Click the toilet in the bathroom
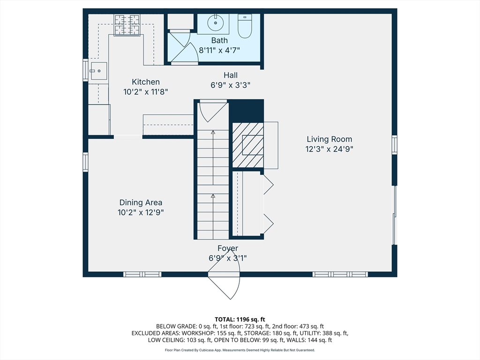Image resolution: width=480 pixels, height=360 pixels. click(245, 26)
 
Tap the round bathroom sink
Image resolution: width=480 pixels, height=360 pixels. click(216, 22)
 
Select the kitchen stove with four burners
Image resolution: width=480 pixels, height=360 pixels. click(127, 25)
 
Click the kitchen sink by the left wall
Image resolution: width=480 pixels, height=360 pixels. click(98, 71)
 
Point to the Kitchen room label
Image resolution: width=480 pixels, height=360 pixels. click(146, 82)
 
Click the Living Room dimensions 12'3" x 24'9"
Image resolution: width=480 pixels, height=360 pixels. click(330, 149)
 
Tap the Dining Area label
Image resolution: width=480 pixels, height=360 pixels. click(141, 202)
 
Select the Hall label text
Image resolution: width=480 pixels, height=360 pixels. click(231, 75)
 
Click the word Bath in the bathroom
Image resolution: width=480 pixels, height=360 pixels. click(219, 40)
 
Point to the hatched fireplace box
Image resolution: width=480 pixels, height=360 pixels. click(248, 145)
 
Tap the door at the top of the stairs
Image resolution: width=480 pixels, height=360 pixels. click(213, 112)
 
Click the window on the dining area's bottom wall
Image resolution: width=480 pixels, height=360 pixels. click(142, 274)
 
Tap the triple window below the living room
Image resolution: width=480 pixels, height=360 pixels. click(340, 274)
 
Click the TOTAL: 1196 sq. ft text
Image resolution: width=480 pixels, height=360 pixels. click(240, 320)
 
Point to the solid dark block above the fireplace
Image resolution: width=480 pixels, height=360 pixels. click(247, 111)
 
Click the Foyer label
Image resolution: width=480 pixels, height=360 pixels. click(228, 248)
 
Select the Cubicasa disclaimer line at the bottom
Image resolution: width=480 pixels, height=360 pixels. click(240, 350)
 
